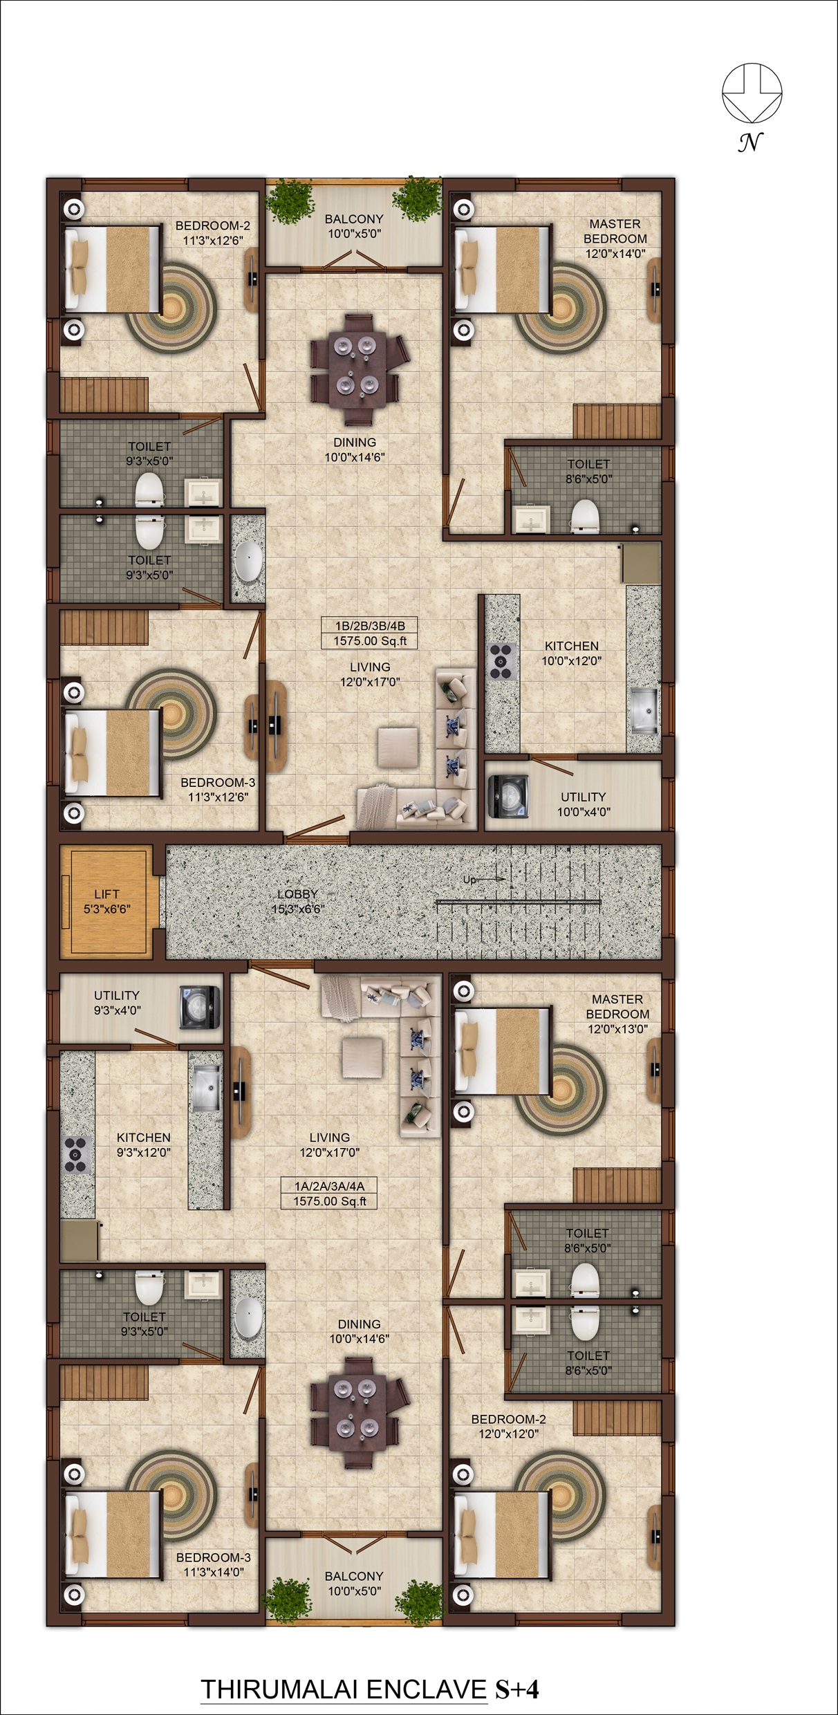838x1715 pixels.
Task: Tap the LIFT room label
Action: click(106, 894)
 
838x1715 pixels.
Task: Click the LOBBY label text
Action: click(297, 894)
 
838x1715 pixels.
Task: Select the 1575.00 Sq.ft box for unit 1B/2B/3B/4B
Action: click(370, 641)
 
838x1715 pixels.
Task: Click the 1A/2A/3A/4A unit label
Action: click(330, 1186)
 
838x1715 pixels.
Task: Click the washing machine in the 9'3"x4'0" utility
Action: click(200, 1007)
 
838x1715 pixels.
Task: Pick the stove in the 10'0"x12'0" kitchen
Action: click(501, 661)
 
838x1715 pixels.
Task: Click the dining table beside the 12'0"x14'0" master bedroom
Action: click(355, 369)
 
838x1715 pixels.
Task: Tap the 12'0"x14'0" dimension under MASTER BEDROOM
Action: click(615, 254)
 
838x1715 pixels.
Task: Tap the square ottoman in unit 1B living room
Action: click(398, 747)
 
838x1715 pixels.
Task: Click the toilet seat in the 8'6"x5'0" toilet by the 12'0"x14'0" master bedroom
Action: click(585, 515)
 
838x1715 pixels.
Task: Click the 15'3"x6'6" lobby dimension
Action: click(297, 909)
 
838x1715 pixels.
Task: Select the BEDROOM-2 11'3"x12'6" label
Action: click(213, 233)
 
